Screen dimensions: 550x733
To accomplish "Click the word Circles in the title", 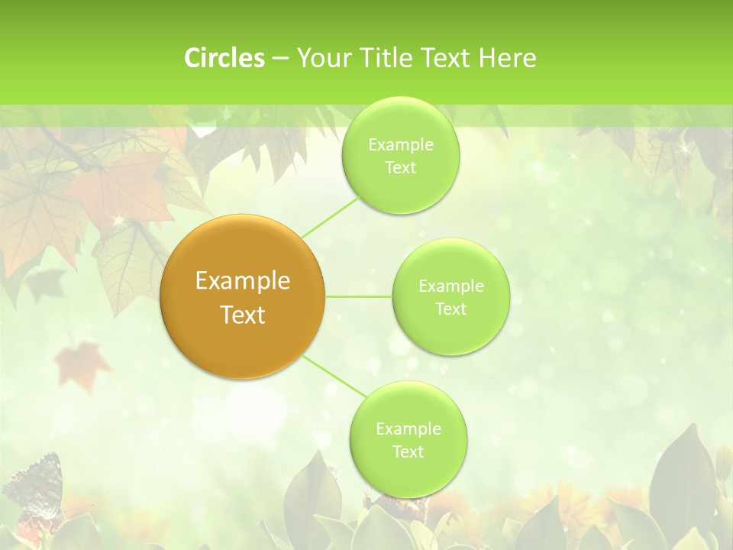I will pos(224,58).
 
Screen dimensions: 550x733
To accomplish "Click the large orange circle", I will pos(243,296).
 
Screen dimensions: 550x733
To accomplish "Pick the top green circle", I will pos(400,155).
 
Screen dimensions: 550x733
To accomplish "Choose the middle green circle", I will pos(450,296).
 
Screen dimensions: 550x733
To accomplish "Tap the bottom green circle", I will pos(408,439).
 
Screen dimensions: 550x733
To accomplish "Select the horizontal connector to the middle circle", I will pos(359,296).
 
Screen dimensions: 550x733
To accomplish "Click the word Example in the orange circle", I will pos(243,281).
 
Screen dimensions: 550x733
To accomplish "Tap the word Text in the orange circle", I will pos(243,315).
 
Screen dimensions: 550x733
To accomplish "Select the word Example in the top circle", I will pos(400,144).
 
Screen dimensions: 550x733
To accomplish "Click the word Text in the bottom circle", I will pos(408,451).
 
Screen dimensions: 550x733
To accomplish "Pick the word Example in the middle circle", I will pos(450,286).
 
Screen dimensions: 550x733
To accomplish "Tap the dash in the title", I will pos(280,58).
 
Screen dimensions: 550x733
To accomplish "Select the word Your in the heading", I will pos(320,58).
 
